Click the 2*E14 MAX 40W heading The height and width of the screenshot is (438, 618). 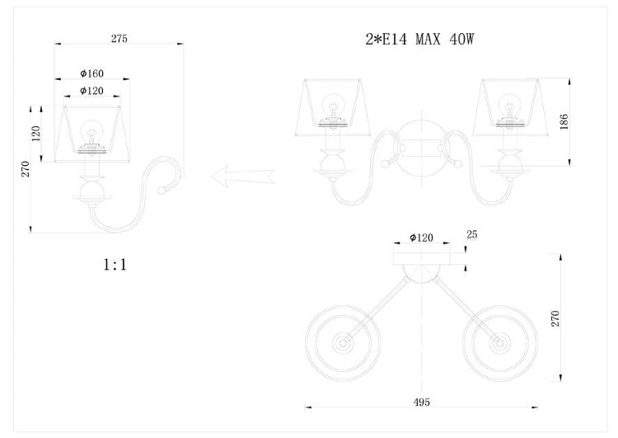tap(419, 39)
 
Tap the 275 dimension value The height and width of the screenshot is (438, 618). tap(119, 38)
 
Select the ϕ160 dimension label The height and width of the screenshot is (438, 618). tap(91, 73)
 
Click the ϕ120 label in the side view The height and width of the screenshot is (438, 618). tap(91, 91)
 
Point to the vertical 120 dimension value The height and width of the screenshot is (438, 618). tap(36, 134)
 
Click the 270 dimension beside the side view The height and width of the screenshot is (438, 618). tap(26, 169)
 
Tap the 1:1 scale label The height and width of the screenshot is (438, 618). tap(115, 265)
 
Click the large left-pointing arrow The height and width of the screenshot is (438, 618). tap(243, 176)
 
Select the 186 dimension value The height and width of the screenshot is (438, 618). tap(564, 121)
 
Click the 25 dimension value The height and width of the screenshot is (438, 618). tap(472, 234)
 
